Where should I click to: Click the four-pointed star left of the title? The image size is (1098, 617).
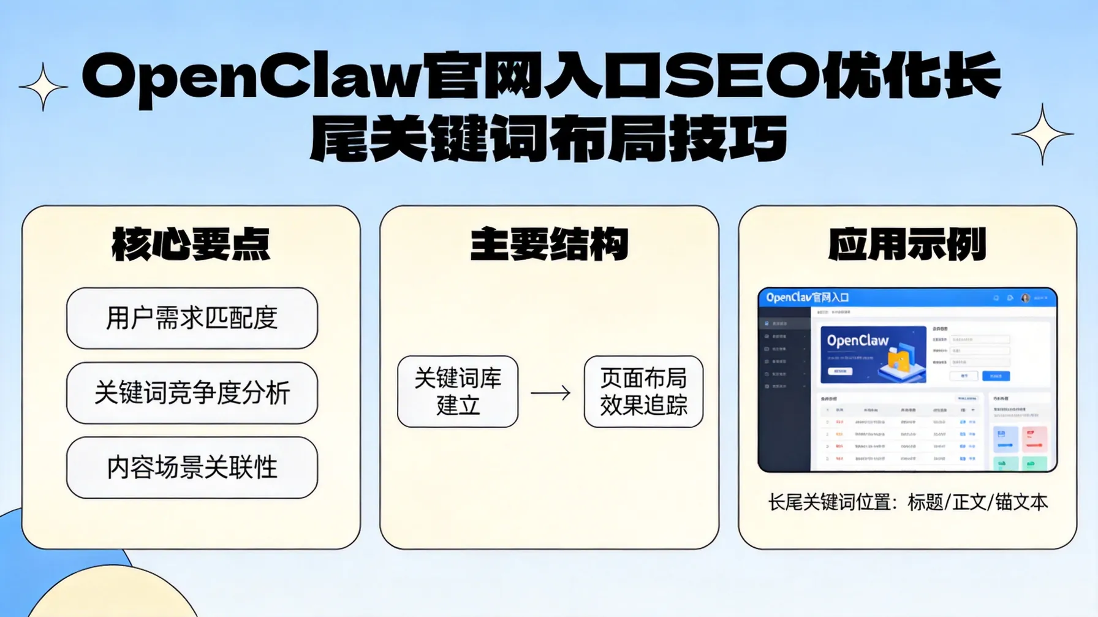click(43, 87)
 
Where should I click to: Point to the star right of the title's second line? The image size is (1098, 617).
click(1042, 134)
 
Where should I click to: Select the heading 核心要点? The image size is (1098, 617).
click(191, 244)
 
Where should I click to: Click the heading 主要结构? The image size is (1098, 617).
click(549, 244)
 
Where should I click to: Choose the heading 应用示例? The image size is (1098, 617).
click(907, 244)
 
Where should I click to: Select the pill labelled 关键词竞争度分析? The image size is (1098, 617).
click(192, 393)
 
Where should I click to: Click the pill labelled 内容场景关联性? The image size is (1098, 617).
click(192, 467)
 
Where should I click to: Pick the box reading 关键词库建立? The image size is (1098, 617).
click(458, 392)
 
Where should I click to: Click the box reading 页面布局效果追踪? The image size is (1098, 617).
click(643, 392)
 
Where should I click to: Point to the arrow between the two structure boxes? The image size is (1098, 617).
click(550, 393)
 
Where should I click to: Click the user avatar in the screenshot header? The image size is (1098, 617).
click(1025, 298)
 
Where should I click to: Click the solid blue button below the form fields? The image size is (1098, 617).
click(996, 376)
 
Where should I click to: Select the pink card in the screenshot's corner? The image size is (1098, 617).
click(1034, 439)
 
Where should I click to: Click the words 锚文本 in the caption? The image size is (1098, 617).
click(1021, 502)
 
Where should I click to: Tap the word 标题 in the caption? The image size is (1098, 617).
click(925, 502)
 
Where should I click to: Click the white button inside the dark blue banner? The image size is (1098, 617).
click(840, 371)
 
